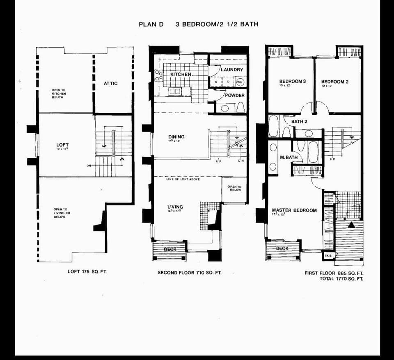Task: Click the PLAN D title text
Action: (x=151, y=24)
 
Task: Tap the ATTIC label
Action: (x=110, y=84)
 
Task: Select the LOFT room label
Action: (x=62, y=145)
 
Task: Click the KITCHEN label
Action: (x=181, y=74)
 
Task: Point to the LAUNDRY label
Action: (x=232, y=70)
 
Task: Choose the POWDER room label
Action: (x=234, y=96)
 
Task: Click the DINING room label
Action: (x=176, y=137)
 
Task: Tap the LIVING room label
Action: (x=175, y=207)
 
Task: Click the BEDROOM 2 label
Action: (x=334, y=82)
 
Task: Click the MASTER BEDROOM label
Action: (x=294, y=210)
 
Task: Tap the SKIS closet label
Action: (x=328, y=255)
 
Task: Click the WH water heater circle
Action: (x=240, y=82)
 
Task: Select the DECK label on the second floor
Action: (x=170, y=249)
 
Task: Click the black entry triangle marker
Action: (x=351, y=225)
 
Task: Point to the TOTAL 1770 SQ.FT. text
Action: (x=341, y=279)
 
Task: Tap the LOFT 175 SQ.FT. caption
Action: (x=87, y=271)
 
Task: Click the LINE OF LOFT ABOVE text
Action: (x=183, y=180)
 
